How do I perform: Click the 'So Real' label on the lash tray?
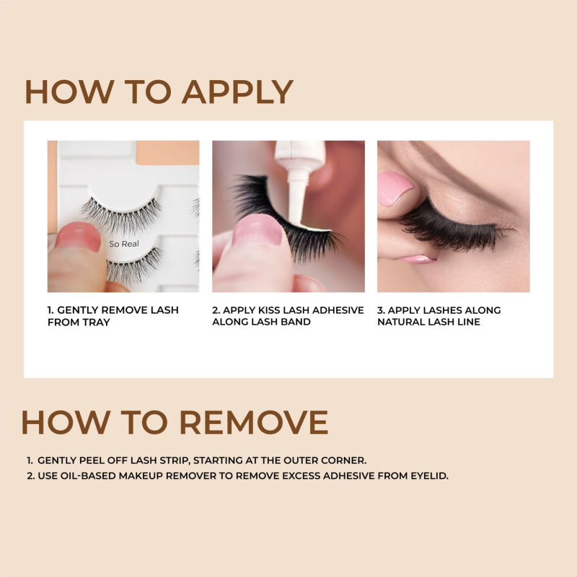124,244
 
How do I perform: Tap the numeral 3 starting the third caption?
380,310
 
